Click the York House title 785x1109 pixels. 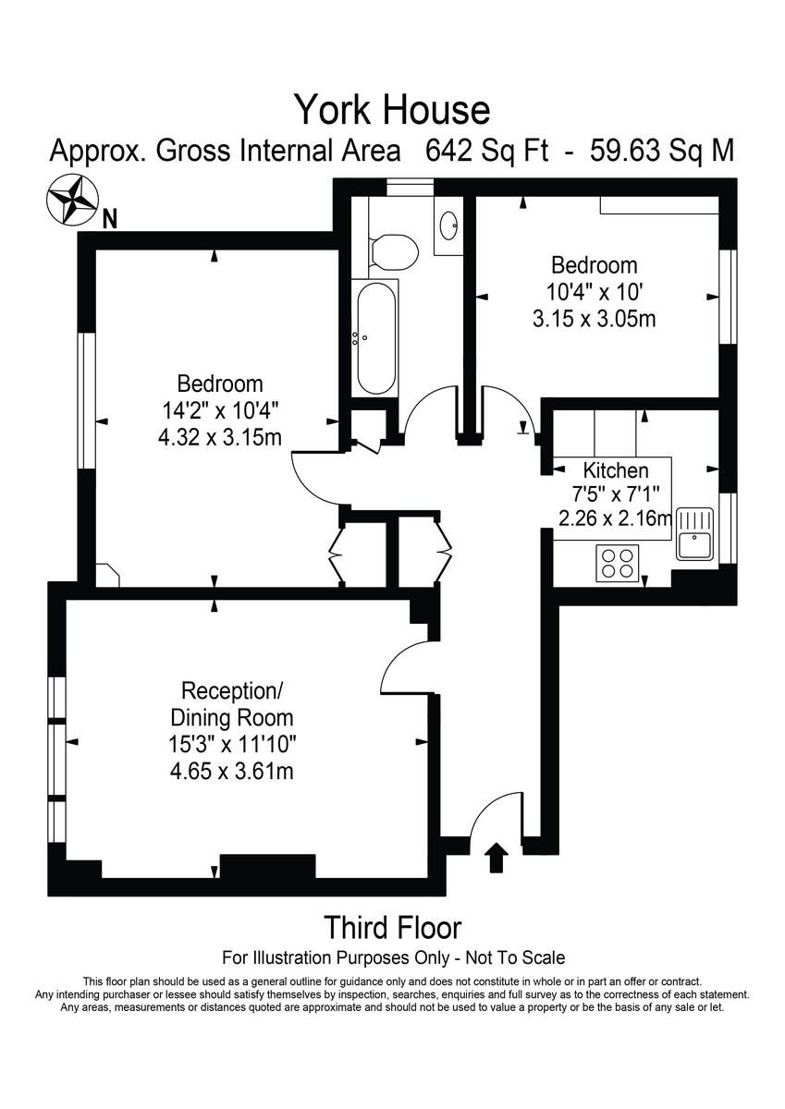(392, 110)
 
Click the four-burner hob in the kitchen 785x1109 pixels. (618, 563)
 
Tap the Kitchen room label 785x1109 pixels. (615, 469)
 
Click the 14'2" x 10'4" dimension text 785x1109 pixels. (220, 408)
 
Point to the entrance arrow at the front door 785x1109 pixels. (497, 858)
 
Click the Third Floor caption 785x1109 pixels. (392, 926)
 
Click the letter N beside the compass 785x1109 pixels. (110, 220)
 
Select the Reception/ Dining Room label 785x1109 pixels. (231, 703)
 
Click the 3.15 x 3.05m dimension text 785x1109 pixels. (595, 319)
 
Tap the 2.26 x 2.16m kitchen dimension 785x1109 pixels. (615, 518)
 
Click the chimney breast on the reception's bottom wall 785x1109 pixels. (267, 866)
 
